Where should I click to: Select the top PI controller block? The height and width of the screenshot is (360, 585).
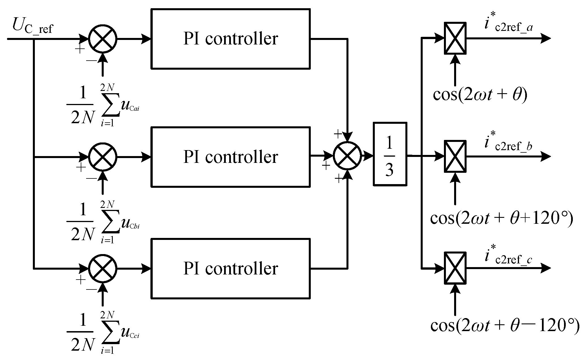[230, 39]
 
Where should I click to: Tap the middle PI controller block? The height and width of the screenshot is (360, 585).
[230, 157]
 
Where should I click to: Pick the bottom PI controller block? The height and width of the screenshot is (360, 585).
[230, 268]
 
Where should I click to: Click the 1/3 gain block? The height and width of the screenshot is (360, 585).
[390, 154]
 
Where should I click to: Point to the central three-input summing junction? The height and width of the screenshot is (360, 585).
[347, 156]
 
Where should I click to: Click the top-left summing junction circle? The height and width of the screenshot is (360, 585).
[103, 39]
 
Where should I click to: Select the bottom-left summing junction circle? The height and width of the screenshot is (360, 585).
[103, 268]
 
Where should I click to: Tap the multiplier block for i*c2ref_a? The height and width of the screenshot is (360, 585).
[455, 38]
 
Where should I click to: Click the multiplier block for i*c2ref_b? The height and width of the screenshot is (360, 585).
[455, 156]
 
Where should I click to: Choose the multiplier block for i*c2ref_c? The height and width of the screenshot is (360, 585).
[455, 268]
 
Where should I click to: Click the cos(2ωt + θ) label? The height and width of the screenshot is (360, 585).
[480, 96]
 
